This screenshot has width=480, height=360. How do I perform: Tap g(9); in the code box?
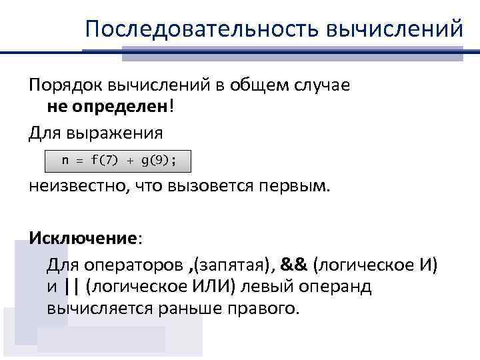coord(163,161)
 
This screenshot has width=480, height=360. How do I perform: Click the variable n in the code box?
coord(65,161)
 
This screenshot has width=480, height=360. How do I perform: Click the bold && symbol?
coord(293,265)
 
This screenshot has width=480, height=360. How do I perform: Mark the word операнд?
coord(335,287)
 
